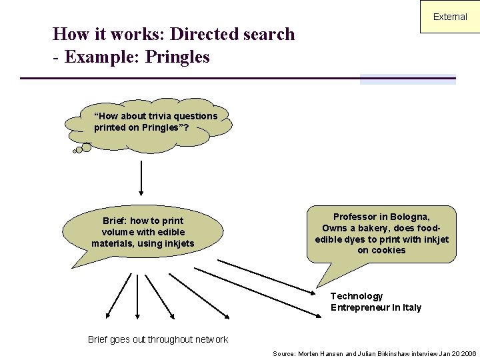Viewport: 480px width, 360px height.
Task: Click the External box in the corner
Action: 450,17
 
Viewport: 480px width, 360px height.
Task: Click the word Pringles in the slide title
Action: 176,57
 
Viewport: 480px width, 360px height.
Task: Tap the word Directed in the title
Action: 193,34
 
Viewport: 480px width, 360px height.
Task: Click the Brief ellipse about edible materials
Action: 143,232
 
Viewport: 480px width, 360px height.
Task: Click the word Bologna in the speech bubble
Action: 409,217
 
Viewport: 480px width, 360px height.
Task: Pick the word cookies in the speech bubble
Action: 391,250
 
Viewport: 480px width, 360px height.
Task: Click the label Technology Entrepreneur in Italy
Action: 375,301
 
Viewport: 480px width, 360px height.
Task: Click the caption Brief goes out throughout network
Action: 158,339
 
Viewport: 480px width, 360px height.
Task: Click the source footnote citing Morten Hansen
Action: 374,353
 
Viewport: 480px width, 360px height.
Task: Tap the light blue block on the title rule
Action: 407,79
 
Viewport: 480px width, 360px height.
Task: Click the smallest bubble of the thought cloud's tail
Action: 75,151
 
